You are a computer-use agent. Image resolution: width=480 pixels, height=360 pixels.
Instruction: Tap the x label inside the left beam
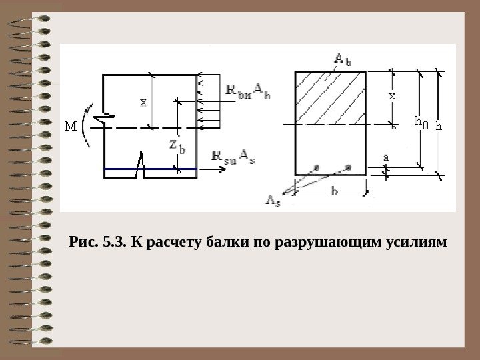(143, 102)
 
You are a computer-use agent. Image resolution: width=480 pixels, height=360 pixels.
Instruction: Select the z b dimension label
(176, 145)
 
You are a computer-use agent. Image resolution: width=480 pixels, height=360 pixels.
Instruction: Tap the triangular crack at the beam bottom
(141, 165)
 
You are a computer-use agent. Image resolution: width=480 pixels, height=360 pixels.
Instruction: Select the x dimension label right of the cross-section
(392, 96)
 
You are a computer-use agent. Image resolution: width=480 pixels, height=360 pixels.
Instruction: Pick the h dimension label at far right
(439, 125)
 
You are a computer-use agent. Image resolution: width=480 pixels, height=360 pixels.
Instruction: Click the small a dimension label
(385, 157)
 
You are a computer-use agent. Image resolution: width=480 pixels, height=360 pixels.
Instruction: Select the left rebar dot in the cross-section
(317, 165)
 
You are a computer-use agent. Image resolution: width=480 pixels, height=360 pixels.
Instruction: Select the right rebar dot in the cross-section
(347, 165)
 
